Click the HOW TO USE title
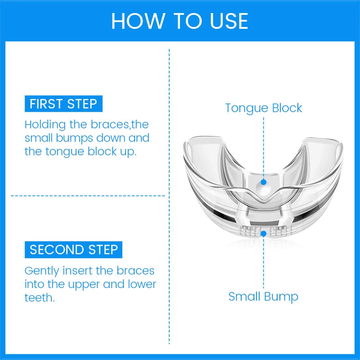click(x=180, y=21)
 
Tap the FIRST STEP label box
click(x=63, y=104)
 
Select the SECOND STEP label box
click(x=73, y=249)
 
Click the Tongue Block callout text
click(x=264, y=108)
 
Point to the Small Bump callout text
click(x=263, y=297)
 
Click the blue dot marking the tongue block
click(x=264, y=182)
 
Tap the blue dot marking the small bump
click(x=264, y=234)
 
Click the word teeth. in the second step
click(x=39, y=297)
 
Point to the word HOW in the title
click(x=133, y=21)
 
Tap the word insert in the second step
click(x=77, y=271)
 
